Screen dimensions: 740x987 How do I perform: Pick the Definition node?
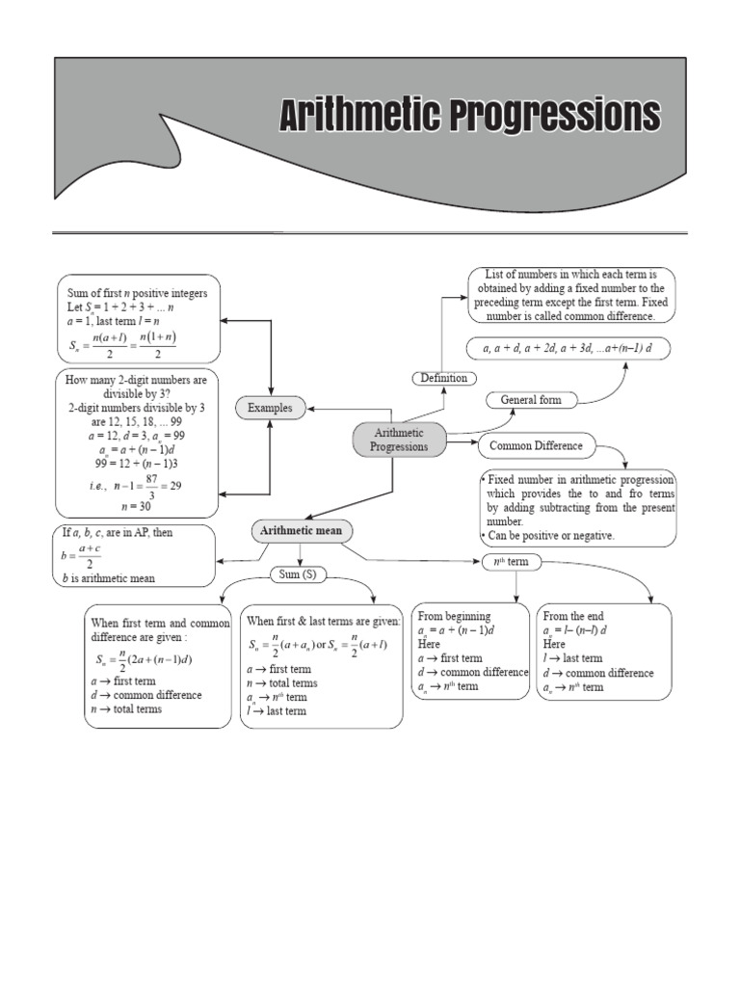pyautogui.click(x=443, y=378)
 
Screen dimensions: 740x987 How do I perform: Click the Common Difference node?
pyautogui.click(x=536, y=445)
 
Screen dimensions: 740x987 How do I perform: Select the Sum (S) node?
pyautogui.click(x=301, y=574)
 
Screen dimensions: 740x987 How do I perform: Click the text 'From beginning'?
pyautogui.click(x=454, y=616)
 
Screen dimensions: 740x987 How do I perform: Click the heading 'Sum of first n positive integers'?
pyautogui.click(x=138, y=292)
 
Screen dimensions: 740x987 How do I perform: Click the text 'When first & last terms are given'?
pyautogui.click(x=323, y=622)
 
